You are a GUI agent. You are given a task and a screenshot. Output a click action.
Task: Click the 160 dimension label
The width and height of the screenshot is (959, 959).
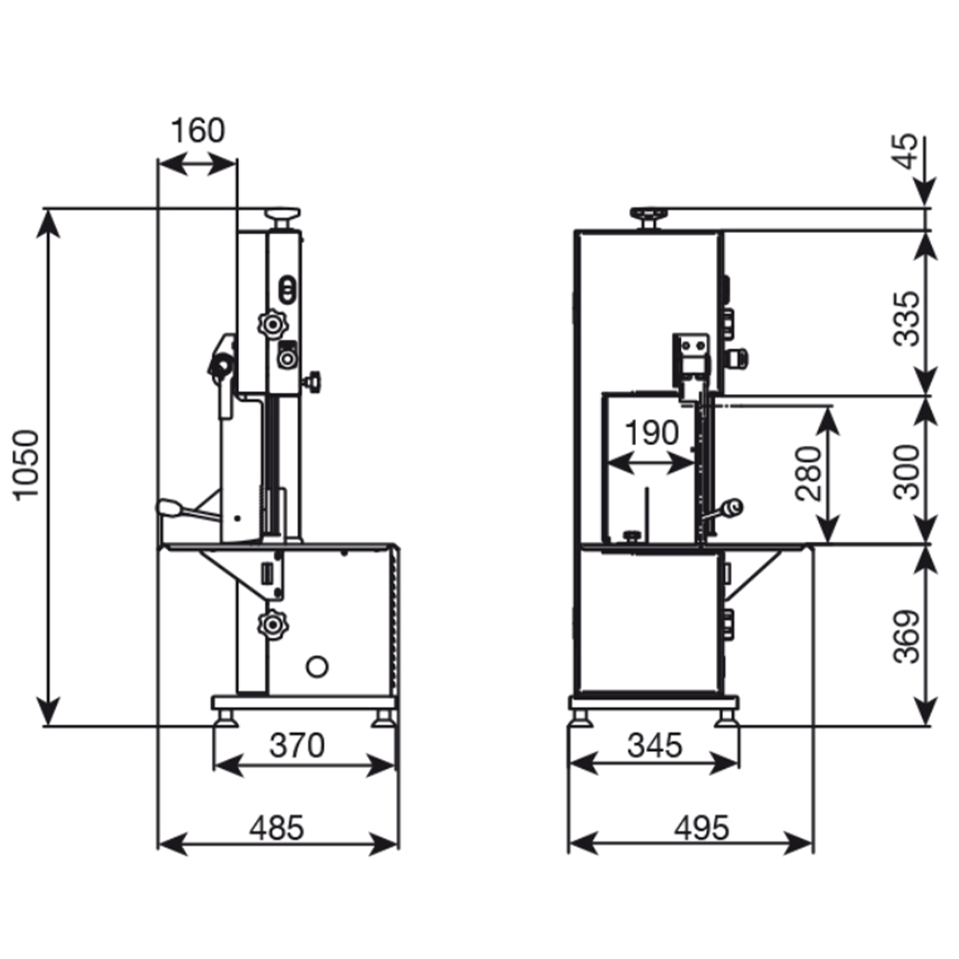tap(198, 130)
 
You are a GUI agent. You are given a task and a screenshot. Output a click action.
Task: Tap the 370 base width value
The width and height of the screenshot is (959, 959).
tap(297, 744)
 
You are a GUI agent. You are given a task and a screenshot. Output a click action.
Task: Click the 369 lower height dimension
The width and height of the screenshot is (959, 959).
tap(906, 636)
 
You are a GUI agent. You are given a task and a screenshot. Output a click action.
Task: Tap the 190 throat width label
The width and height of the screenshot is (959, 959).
tap(651, 434)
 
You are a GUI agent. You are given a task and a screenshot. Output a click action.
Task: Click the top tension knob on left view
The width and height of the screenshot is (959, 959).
tap(283, 215)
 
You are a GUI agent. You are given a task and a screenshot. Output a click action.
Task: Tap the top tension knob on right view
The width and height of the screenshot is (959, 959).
tap(648, 215)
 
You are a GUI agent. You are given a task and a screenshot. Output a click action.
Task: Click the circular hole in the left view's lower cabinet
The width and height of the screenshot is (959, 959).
tap(316, 665)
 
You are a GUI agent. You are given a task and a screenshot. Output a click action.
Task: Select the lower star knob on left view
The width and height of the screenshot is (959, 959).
tap(272, 625)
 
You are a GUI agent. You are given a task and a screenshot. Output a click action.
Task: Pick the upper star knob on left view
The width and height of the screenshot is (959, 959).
tap(272, 325)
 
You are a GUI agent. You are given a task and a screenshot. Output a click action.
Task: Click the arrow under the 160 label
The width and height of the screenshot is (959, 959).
tap(197, 165)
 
